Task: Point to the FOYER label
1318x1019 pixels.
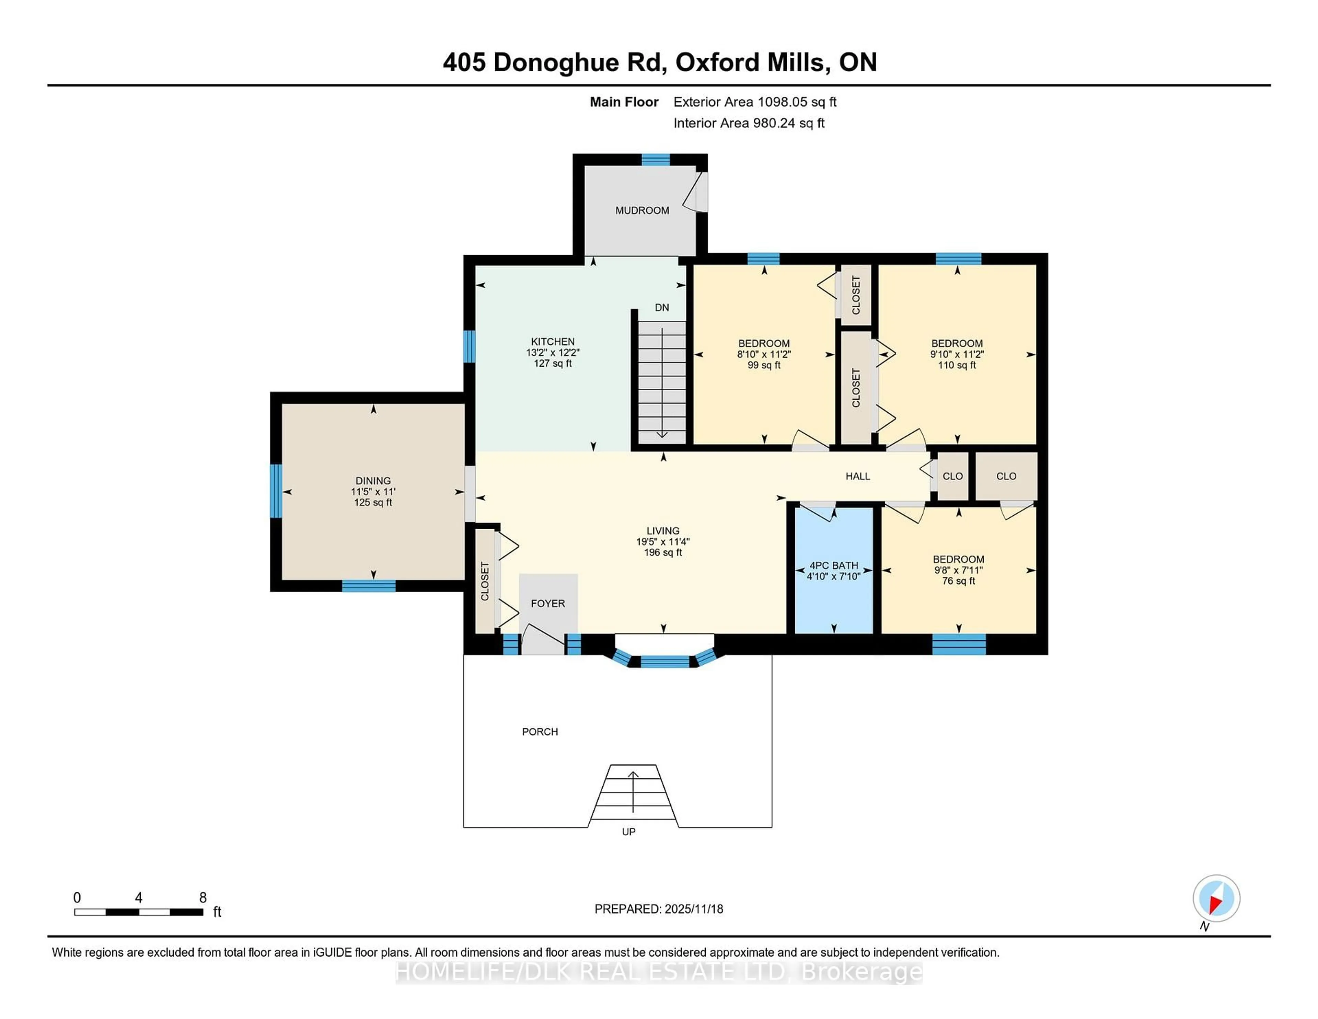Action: tap(547, 603)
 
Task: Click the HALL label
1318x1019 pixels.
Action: tap(857, 476)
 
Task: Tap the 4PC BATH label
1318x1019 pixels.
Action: tap(833, 565)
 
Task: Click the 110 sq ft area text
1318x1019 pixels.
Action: tap(957, 365)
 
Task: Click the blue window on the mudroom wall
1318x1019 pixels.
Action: tap(655, 159)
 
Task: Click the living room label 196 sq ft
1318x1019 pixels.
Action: tap(663, 552)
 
